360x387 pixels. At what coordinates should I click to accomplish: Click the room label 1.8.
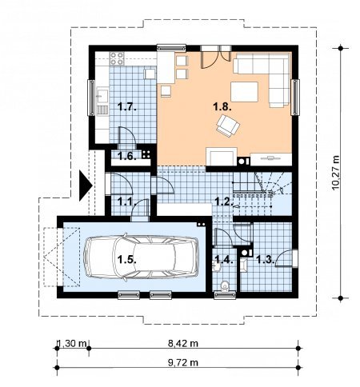(x=222, y=107)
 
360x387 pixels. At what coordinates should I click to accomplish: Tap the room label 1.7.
(x=127, y=107)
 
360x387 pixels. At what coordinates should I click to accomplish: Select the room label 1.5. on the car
(x=127, y=259)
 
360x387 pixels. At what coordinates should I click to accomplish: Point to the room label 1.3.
(x=265, y=259)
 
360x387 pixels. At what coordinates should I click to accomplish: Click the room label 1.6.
(x=127, y=156)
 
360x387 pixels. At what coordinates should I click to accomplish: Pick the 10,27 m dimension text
(x=336, y=173)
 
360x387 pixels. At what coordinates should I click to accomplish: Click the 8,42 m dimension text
(x=183, y=343)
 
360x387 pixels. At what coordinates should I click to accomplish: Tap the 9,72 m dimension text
(x=183, y=362)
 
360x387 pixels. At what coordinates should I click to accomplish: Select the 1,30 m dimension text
(x=72, y=343)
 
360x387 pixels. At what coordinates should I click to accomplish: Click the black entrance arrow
(x=85, y=186)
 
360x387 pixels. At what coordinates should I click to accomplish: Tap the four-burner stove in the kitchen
(x=117, y=58)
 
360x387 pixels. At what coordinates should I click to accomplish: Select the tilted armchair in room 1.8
(x=228, y=126)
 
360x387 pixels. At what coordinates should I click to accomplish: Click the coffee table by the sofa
(x=244, y=92)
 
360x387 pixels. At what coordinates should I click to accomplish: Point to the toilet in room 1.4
(x=226, y=286)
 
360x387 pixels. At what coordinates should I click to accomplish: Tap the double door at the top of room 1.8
(x=216, y=57)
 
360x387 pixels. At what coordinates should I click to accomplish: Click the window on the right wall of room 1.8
(x=295, y=98)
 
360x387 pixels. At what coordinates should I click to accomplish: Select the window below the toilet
(x=226, y=295)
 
